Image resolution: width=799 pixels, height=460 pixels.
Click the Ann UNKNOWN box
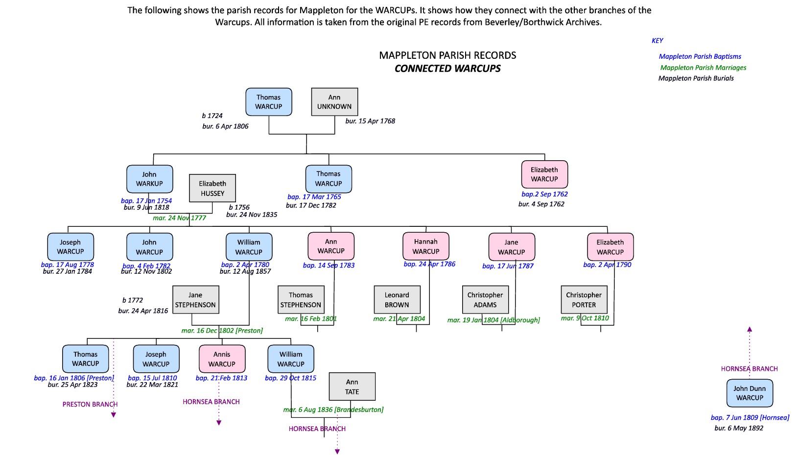coord(334,102)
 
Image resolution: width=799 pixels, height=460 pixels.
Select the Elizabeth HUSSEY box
coord(212,189)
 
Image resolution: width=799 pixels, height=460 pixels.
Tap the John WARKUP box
coord(149,179)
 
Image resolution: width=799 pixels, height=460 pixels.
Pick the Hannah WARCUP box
coord(426,246)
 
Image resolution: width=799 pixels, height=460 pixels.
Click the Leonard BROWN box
coord(397,300)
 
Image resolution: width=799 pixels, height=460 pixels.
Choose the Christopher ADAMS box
coord(485,300)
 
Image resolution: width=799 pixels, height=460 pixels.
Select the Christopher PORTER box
coord(584,300)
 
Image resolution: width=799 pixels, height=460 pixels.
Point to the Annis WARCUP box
coord(222,359)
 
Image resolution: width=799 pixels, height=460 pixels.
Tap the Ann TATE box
coord(352,387)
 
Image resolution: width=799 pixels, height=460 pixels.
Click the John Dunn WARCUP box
coord(750,393)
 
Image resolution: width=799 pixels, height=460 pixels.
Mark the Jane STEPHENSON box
coord(195,300)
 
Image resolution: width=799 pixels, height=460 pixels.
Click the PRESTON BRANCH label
coord(90,405)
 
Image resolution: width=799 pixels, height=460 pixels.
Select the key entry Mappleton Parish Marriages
coord(703,68)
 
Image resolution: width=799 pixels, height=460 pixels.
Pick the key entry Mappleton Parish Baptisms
coord(700,57)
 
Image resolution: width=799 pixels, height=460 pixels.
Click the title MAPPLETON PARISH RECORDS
coord(447,55)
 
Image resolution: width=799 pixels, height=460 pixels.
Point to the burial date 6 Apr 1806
coord(225,126)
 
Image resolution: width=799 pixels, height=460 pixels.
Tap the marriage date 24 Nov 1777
coord(179,218)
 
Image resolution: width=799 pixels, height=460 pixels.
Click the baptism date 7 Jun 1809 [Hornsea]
coord(750,418)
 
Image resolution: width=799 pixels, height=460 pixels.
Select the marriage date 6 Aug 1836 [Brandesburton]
coord(333,410)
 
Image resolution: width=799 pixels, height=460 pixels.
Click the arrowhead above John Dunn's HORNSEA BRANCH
coord(750,330)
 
